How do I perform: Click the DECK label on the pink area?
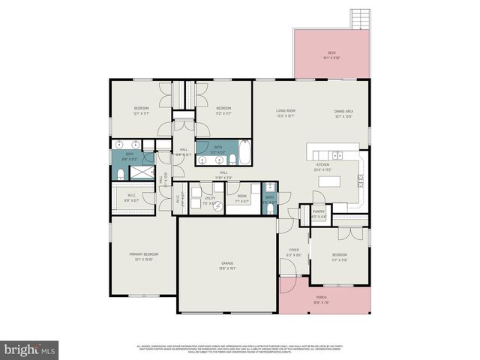(331, 52)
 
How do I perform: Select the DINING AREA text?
(343, 112)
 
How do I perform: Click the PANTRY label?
(318, 212)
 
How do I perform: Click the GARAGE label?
(227, 263)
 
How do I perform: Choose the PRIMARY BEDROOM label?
(143, 255)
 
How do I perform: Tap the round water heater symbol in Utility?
(219, 208)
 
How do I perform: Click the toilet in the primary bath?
(121, 174)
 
